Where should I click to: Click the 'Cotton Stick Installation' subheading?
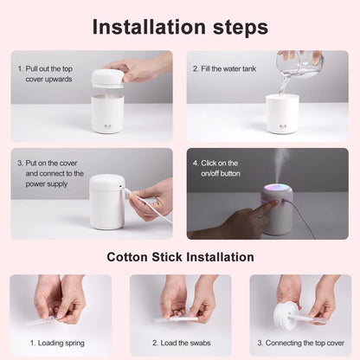[180, 257]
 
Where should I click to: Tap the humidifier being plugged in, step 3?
[106, 202]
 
